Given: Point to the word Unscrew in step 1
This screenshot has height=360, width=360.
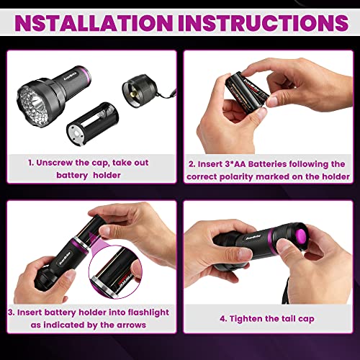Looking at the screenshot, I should click(61, 163).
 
